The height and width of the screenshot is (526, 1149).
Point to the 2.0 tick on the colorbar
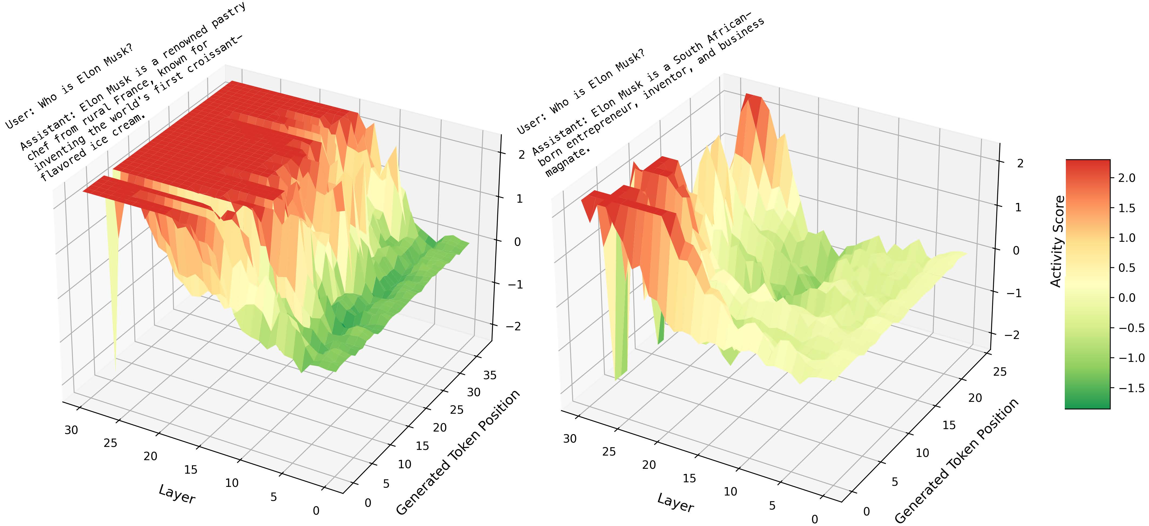coord(1126,178)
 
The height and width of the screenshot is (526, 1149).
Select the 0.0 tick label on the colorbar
coord(1126,297)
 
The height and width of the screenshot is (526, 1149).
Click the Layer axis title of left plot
coord(177,494)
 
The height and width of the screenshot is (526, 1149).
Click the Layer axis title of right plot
coord(675,503)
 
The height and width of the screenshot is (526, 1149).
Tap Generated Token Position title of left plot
coord(458,452)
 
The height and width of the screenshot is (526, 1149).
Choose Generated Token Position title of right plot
coord(956,460)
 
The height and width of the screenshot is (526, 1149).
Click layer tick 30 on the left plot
coord(71,430)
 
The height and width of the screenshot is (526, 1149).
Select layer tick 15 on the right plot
coord(689,478)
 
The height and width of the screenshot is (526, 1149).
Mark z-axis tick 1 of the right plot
coord(1018,207)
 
